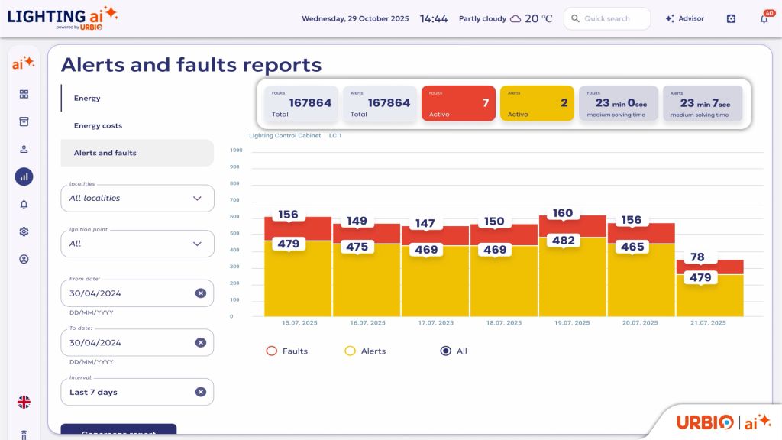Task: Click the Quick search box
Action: pos(607,18)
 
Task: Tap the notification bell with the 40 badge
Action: pos(764,19)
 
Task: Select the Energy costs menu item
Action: pos(98,125)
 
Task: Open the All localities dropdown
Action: pos(137,198)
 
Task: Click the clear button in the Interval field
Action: pos(200,392)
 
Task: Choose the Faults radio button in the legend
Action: pos(271,351)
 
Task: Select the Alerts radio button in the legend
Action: pos(351,351)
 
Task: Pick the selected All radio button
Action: pos(446,351)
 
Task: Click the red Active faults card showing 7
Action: pos(456,103)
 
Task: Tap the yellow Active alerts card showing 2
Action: pos(537,103)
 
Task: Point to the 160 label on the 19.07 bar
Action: pos(562,214)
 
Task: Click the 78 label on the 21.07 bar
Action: pos(697,257)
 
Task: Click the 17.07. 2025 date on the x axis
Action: pos(435,323)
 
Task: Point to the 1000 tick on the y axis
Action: pos(235,150)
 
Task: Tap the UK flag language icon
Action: pos(24,402)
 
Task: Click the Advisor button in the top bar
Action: pos(684,18)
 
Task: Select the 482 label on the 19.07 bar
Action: pos(563,240)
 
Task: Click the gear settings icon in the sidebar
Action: pos(24,231)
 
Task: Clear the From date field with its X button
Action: pos(200,293)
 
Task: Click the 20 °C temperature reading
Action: pos(538,18)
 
